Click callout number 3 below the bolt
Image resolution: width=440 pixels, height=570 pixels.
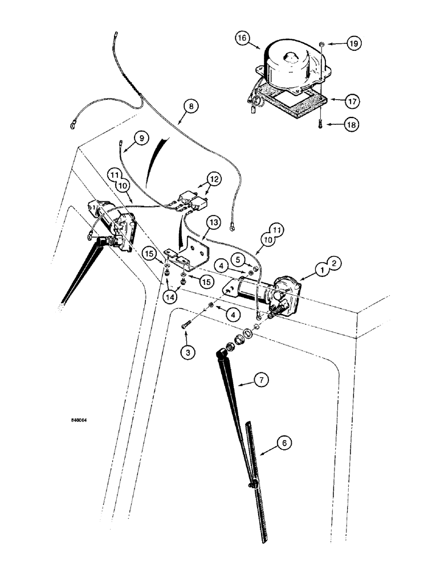coord(188,352)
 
